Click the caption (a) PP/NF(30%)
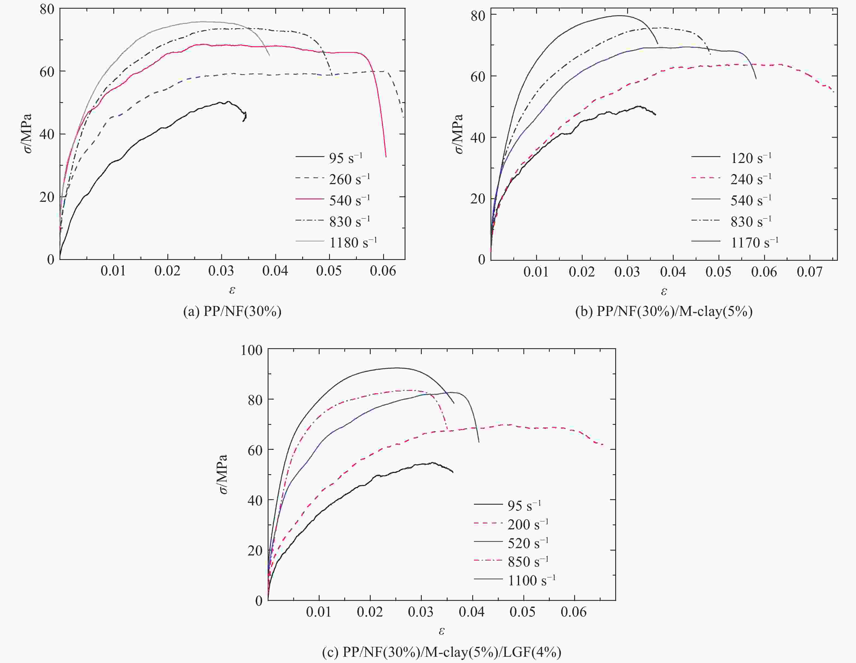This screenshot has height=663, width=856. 232,312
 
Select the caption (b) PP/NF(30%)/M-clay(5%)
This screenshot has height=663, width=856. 664,312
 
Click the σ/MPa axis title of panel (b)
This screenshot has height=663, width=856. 459,134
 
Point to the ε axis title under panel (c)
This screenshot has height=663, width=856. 441,631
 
